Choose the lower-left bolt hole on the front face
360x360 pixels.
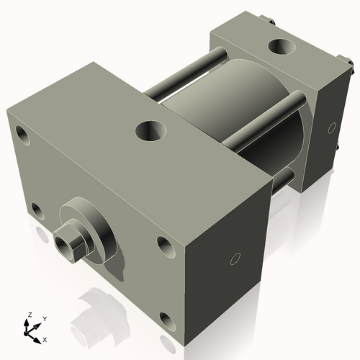coord(36,210)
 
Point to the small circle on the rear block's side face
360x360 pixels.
coord(332,127)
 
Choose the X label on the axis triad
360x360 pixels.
coord(45,338)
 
